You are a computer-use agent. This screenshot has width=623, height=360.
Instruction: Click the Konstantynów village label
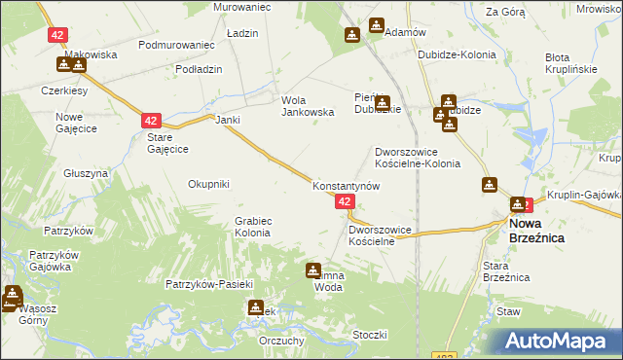pos(346,185)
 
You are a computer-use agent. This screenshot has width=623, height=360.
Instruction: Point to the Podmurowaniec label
pos(176,45)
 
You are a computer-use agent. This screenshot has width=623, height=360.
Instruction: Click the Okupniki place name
pos(208,184)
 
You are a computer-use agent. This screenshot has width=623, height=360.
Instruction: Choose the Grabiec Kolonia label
pos(252,228)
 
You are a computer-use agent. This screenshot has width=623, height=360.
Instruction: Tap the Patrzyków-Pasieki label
pos(209,284)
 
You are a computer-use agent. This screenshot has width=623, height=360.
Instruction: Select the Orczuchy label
pos(283,341)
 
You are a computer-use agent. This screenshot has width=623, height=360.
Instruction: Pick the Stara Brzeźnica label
pos(506,270)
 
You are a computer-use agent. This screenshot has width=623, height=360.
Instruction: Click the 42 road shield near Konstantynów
pos(345,200)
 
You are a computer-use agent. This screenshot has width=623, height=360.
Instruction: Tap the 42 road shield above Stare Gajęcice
pos(150,120)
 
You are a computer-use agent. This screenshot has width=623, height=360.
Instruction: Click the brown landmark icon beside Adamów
pos(351,36)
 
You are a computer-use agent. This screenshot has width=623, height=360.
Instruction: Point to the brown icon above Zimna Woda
pos(313,270)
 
